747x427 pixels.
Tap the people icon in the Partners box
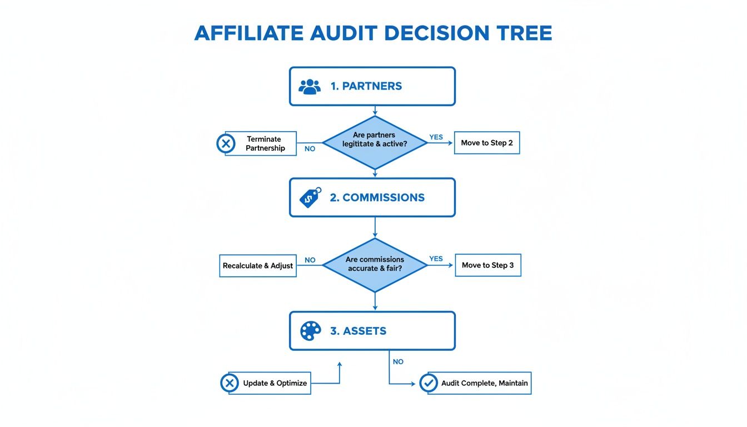click(x=310, y=86)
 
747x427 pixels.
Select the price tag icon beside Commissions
click(x=310, y=197)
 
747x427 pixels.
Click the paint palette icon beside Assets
click(x=310, y=331)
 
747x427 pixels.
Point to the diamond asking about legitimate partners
click(x=375, y=143)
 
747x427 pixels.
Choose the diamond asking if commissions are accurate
click(x=375, y=265)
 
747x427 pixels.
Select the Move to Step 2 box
click(x=486, y=143)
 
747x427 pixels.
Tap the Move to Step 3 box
click(x=487, y=265)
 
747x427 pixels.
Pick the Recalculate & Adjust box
click(x=258, y=266)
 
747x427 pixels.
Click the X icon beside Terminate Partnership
click(x=225, y=143)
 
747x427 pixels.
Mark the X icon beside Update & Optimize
click(x=229, y=383)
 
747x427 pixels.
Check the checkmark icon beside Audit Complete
click(x=428, y=383)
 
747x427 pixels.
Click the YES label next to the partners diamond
click(x=436, y=137)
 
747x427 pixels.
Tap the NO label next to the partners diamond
click(x=310, y=149)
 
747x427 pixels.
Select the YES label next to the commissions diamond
click(x=436, y=259)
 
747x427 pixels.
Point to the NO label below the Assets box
click(x=398, y=361)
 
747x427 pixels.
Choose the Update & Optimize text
click(x=275, y=383)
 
